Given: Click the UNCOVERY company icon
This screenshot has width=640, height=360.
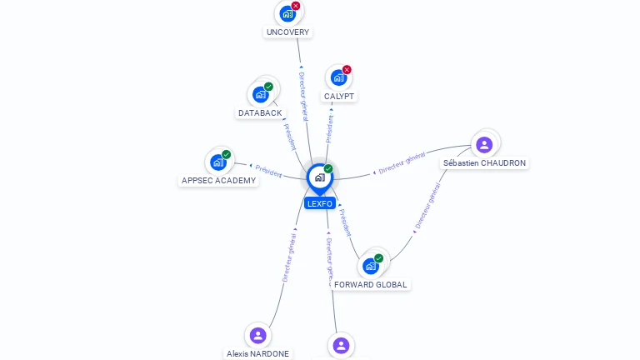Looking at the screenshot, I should pyautogui.click(x=287, y=14).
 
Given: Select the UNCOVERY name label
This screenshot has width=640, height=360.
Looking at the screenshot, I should pyautogui.click(x=287, y=32).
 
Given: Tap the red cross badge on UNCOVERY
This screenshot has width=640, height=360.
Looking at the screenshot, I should pyautogui.click(x=295, y=6).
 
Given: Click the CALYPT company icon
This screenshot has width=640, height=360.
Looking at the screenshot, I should pyautogui.click(x=338, y=77).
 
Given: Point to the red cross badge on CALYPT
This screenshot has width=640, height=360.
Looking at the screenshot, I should pyautogui.click(x=347, y=70).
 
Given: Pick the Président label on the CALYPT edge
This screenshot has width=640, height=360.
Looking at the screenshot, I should pyautogui.click(x=330, y=126).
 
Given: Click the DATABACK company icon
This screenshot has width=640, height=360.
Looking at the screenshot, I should pyautogui.click(x=260, y=94).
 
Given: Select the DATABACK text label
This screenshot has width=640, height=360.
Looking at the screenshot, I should pyautogui.click(x=260, y=112).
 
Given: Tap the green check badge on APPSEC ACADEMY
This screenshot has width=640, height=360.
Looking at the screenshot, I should pyautogui.click(x=226, y=155).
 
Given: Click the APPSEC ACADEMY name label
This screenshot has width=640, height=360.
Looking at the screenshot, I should pyautogui.click(x=218, y=180).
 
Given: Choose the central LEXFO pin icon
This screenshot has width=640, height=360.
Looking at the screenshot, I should pyautogui.click(x=319, y=177).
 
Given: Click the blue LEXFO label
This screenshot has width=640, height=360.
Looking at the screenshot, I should pyautogui.click(x=319, y=203).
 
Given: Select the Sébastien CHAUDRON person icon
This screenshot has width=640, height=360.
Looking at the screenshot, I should pyautogui.click(x=484, y=145).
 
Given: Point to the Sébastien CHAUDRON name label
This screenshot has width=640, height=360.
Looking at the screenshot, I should pyautogui.click(x=484, y=163).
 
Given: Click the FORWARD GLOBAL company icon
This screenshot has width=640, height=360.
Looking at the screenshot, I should pyautogui.click(x=371, y=266).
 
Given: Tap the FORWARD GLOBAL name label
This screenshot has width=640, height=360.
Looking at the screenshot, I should pyautogui.click(x=371, y=284).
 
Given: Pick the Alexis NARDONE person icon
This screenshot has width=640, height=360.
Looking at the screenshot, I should pyautogui.click(x=257, y=335).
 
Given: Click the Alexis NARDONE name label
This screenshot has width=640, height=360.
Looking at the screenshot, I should pyautogui.click(x=257, y=353).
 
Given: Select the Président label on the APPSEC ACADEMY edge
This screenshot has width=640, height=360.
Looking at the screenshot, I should pyautogui.click(x=268, y=171).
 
